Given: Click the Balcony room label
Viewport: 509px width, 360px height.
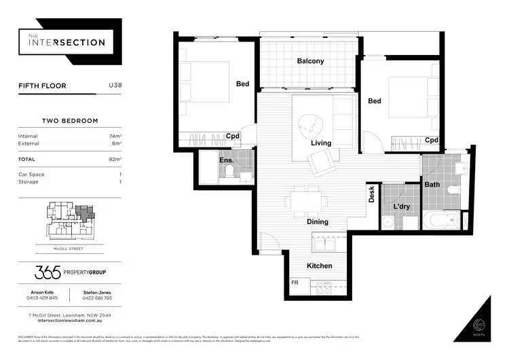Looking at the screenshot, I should pyautogui.click(x=310, y=61).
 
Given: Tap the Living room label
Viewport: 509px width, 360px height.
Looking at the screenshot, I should pyautogui.click(x=321, y=143).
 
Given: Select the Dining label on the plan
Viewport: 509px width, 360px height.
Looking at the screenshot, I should pyautogui.click(x=317, y=222).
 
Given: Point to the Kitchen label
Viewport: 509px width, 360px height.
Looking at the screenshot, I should pyautogui.click(x=319, y=266).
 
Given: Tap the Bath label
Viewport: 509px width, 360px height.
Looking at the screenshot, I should pyautogui.click(x=432, y=184).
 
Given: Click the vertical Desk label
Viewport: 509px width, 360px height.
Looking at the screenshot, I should pyautogui.click(x=371, y=196).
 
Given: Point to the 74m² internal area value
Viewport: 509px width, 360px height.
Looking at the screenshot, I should pyautogui.click(x=114, y=137).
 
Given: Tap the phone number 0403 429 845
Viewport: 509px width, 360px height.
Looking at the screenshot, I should pyautogui.click(x=43, y=298).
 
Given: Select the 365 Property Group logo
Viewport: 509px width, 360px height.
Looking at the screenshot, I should pyautogui.click(x=70, y=272).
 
